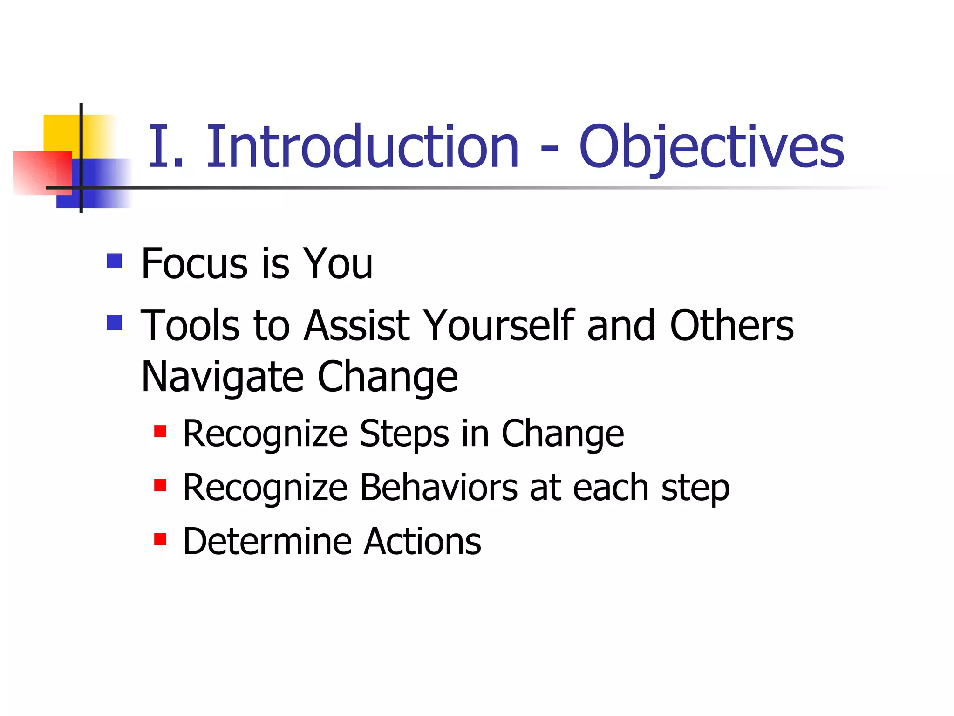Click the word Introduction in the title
[x=362, y=146]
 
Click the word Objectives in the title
[x=711, y=147]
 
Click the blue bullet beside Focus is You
[x=114, y=261]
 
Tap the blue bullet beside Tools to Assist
[x=114, y=323]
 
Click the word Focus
[x=194, y=264]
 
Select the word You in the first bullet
[x=338, y=264]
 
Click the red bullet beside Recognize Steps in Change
[x=160, y=431]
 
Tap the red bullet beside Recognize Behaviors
[x=160, y=485]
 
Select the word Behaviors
[x=439, y=488]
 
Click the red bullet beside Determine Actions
[x=160, y=539]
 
